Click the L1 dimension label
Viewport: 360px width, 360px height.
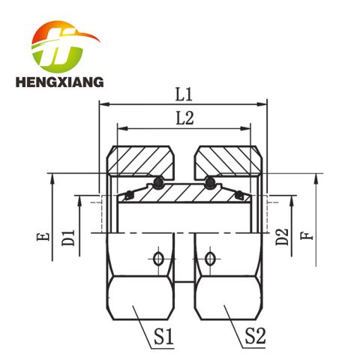(x=184, y=95)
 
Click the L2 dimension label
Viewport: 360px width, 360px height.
(x=184, y=118)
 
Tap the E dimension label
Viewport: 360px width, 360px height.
(x=43, y=236)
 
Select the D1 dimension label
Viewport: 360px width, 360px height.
(x=68, y=238)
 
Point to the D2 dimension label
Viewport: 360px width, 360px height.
(x=282, y=237)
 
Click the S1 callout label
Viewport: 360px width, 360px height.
(x=163, y=336)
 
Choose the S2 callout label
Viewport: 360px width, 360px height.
(x=255, y=336)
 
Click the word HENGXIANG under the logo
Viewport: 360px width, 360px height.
(x=59, y=82)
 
